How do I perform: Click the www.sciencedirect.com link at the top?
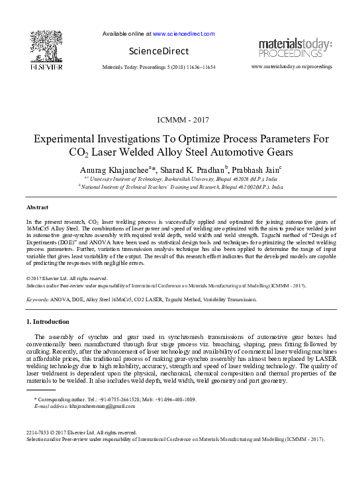tap(183, 33)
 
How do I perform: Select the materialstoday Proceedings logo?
tap(296, 48)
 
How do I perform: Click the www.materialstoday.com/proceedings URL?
tap(292, 67)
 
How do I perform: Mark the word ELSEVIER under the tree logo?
tap(46, 67)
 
